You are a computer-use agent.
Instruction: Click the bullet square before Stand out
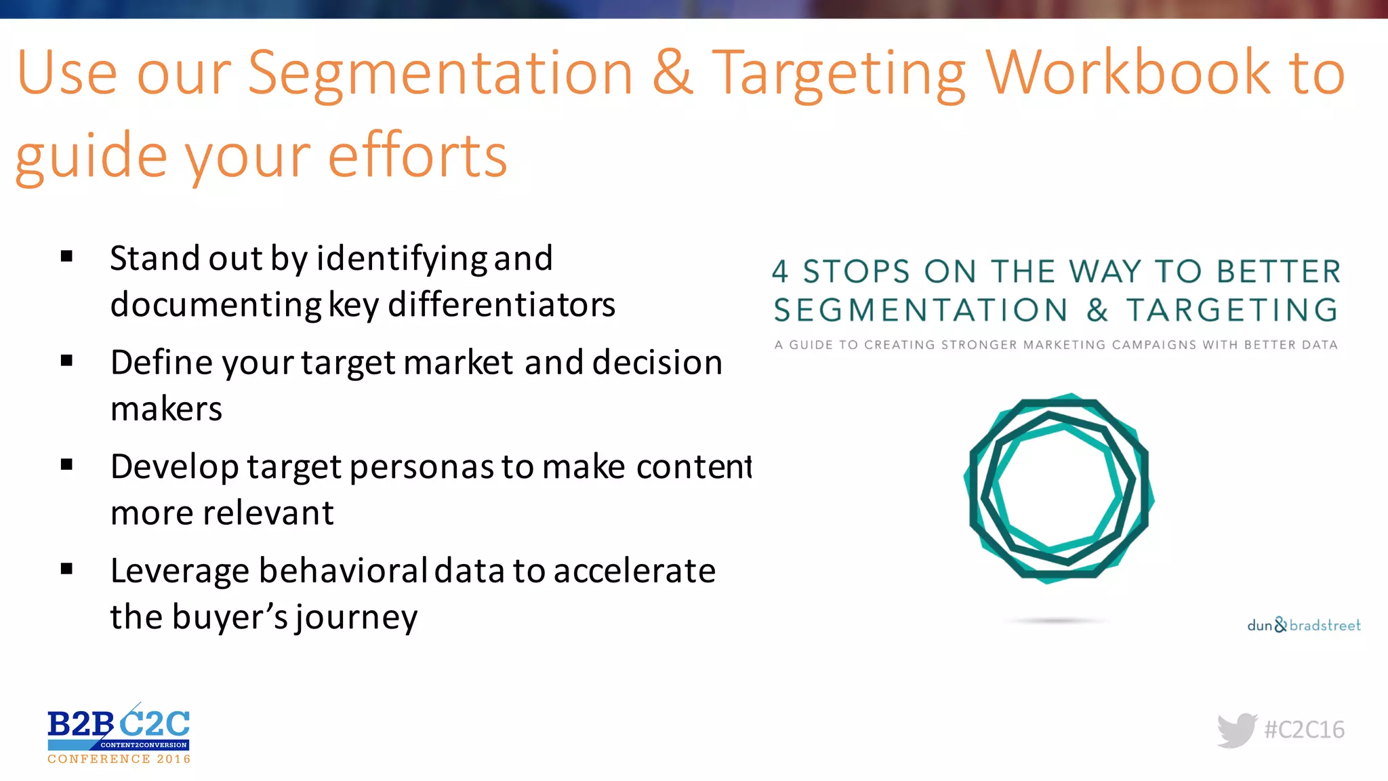pyautogui.click(x=66, y=256)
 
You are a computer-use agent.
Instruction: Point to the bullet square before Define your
pyautogui.click(x=66, y=361)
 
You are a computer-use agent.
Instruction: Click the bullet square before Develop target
pyautogui.click(x=66, y=465)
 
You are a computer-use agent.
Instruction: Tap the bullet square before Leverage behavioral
pyautogui.click(x=66, y=569)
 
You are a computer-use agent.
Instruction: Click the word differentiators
pyautogui.click(x=502, y=304)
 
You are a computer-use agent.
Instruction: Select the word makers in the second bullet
pyautogui.click(x=166, y=409)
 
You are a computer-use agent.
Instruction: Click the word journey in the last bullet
pyautogui.click(x=356, y=618)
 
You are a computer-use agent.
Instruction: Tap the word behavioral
pyautogui.click(x=342, y=571)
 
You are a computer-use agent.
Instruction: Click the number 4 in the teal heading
pyautogui.click(x=780, y=272)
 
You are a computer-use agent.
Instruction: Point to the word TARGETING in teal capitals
pyautogui.click(x=1231, y=311)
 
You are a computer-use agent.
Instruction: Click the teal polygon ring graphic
pyautogui.click(x=1059, y=488)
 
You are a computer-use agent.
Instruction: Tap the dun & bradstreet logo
pyautogui.click(x=1303, y=625)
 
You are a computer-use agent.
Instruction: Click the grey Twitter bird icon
pyautogui.click(x=1237, y=730)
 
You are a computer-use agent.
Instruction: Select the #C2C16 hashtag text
pyautogui.click(x=1304, y=730)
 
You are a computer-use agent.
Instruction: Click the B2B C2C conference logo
pyautogui.click(x=119, y=734)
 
